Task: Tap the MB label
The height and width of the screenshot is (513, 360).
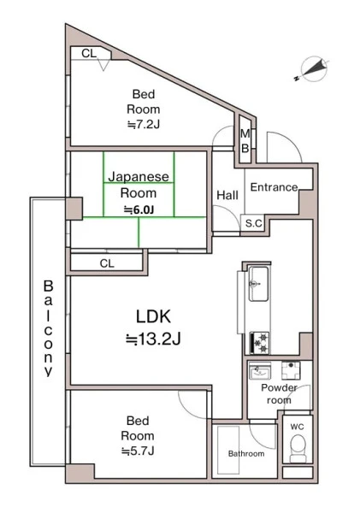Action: (245, 141)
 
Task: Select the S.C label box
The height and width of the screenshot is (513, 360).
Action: (253, 223)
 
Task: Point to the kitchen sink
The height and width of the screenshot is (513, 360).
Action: (258, 284)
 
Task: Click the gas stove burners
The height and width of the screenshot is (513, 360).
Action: (260, 343)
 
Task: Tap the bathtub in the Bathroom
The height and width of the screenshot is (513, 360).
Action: (228, 450)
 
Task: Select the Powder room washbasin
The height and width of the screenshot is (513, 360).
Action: (260, 370)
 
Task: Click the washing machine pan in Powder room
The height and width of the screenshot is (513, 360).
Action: (291, 370)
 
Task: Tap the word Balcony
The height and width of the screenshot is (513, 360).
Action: (48, 328)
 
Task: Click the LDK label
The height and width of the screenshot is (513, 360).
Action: (153, 316)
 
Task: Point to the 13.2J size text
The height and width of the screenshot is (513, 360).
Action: (153, 339)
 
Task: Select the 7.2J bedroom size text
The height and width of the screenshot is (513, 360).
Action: (144, 125)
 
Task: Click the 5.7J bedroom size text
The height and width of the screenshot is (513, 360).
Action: (138, 451)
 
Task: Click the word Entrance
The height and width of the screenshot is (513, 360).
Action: (274, 187)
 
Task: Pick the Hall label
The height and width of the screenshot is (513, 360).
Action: (227, 195)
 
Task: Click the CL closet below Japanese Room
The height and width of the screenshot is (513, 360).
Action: (107, 263)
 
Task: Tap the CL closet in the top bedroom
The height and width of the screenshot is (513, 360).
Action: (89, 53)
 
